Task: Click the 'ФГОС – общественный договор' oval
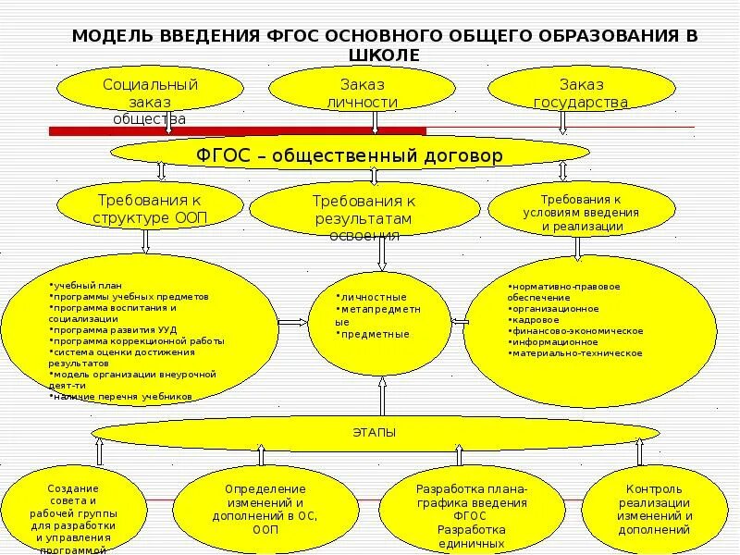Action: tap(351, 155)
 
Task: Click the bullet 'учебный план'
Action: tap(89, 285)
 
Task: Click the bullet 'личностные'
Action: tap(374, 297)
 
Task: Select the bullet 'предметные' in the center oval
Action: tap(376, 334)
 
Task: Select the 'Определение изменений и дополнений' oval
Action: tap(265, 509)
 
